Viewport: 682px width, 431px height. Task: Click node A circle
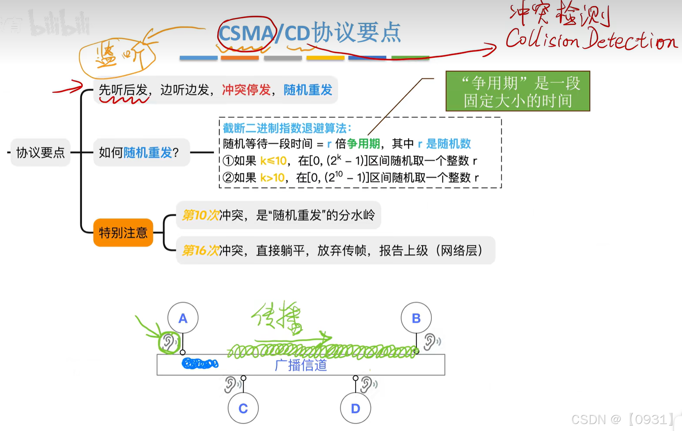(183, 318)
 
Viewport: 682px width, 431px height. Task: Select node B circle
(416, 318)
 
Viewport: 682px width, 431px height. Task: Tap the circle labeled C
(243, 408)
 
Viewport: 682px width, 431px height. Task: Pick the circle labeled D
(355, 408)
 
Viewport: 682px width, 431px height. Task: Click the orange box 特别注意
(123, 232)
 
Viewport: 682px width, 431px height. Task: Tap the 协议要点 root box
(40, 153)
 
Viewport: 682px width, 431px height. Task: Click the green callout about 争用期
(517, 91)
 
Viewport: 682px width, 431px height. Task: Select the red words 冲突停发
(246, 90)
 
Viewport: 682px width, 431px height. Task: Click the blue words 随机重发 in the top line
(308, 90)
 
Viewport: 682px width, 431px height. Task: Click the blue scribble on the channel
(200, 364)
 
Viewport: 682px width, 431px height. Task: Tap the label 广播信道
(301, 365)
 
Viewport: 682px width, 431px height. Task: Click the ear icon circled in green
(169, 342)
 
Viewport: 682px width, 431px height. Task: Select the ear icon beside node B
(431, 342)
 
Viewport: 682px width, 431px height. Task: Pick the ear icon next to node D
(368, 385)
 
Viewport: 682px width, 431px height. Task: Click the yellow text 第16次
(200, 251)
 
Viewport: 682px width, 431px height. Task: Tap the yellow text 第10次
(200, 215)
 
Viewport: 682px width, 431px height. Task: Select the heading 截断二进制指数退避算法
(287, 128)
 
